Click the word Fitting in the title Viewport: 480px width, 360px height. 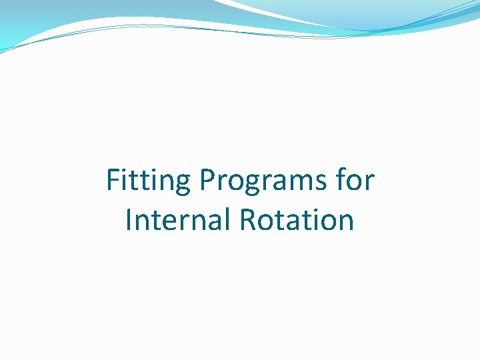[x=147, y=181]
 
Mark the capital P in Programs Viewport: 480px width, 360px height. [x=206, y=180]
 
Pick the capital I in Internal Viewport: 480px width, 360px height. [x=129, y=221]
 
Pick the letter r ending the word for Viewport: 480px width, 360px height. [x=371, y=183]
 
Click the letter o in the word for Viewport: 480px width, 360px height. [x=356, y=183]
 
